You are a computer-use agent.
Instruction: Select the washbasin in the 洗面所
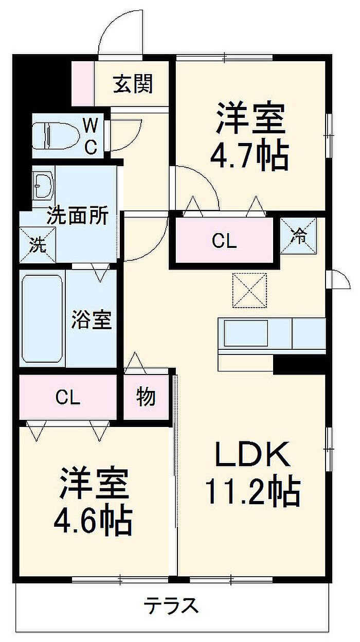[x=44, y=185]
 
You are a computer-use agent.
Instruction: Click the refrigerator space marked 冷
[x=299, y=236]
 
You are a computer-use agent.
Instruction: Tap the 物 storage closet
[x=146, y=397]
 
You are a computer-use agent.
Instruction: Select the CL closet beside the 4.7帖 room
[x=225, y=241]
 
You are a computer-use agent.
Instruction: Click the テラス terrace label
[x=171, y=605]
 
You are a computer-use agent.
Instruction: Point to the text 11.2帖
[x=252, y=491]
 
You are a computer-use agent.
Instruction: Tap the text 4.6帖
[x=93, y=521]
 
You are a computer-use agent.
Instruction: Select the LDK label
[x=250, y=454]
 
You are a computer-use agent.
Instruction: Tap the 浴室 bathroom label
[x=91, y=320]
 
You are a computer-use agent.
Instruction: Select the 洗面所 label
[x=78, y=216]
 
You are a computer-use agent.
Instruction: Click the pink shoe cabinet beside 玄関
[x=82, y=83]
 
